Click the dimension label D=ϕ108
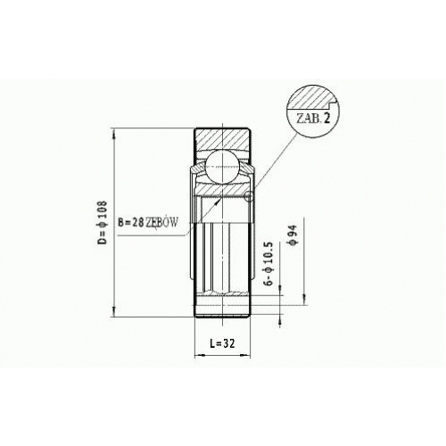tap(102, 222)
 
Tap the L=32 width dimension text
tap(222, 343)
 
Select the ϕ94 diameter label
tap(293, 235)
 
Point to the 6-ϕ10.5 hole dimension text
tap(268, 263)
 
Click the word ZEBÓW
tap(161, 222)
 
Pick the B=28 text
tap(131, 222)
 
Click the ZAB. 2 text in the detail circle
tap(313, 119)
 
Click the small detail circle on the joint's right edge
tap(249, 196)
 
